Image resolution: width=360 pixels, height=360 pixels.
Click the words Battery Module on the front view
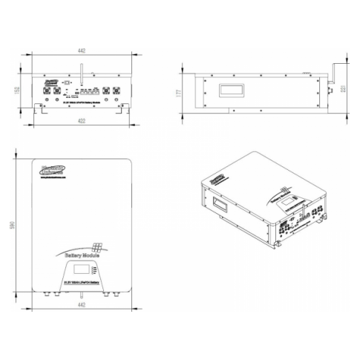coord(82,255)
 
